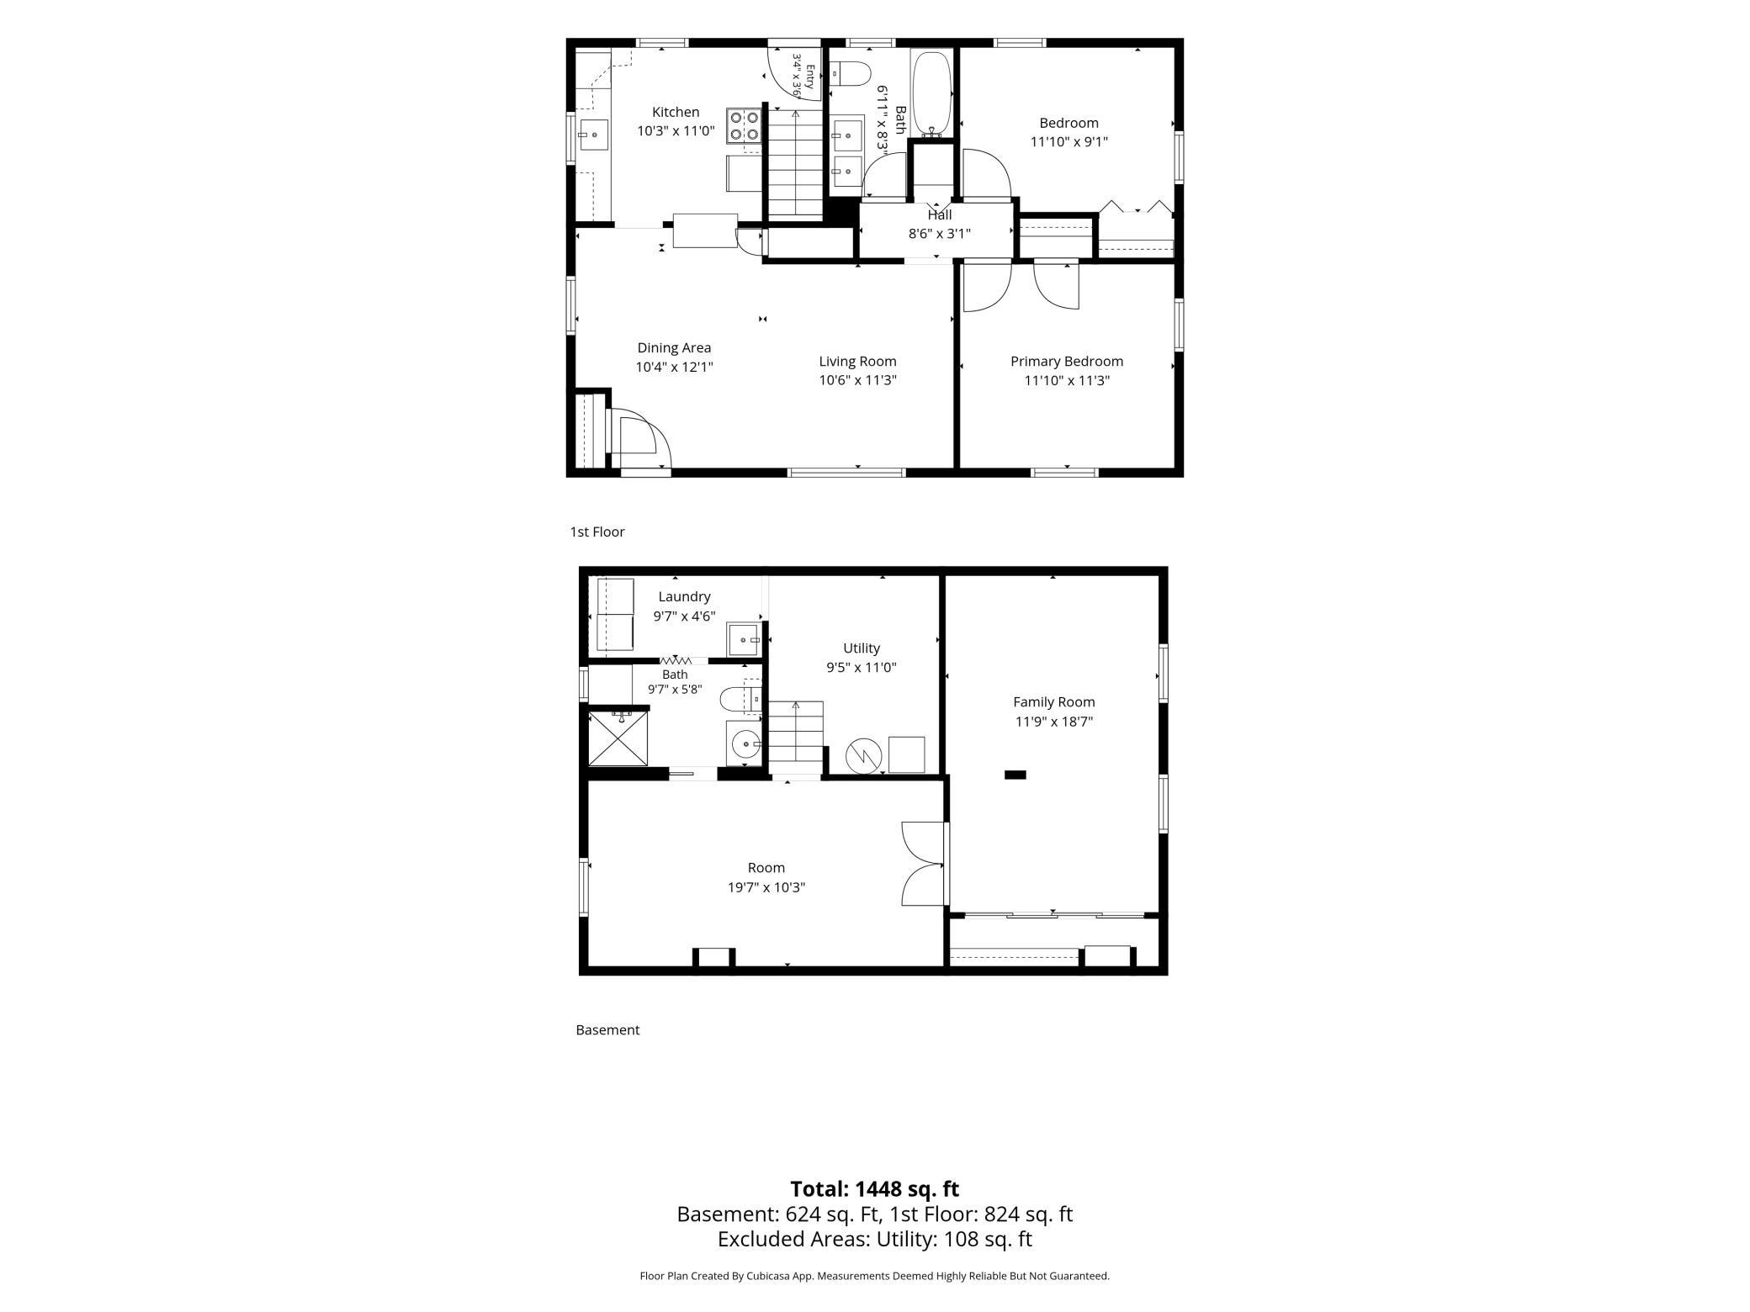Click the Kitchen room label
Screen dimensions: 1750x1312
676,112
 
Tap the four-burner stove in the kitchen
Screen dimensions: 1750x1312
744,126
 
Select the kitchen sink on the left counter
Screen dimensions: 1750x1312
593,135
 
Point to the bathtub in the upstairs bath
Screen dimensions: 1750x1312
931,93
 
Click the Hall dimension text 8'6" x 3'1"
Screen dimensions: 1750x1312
939,234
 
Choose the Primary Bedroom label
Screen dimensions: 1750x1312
1067,361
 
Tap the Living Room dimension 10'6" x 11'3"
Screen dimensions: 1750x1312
857,380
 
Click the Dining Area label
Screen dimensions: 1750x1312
674,347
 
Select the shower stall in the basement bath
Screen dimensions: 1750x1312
618,738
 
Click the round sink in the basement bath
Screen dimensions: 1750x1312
745,743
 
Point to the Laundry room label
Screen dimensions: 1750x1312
684,596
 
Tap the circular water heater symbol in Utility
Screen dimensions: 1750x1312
861,754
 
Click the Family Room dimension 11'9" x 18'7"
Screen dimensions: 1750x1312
1053,722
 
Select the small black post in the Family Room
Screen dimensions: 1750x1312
1016,775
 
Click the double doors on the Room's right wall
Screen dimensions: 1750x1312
925,864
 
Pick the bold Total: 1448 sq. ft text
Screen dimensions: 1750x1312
874,1188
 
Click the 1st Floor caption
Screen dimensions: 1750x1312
597,532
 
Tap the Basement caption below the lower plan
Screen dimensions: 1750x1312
607,1029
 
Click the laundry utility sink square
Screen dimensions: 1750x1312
745,639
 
